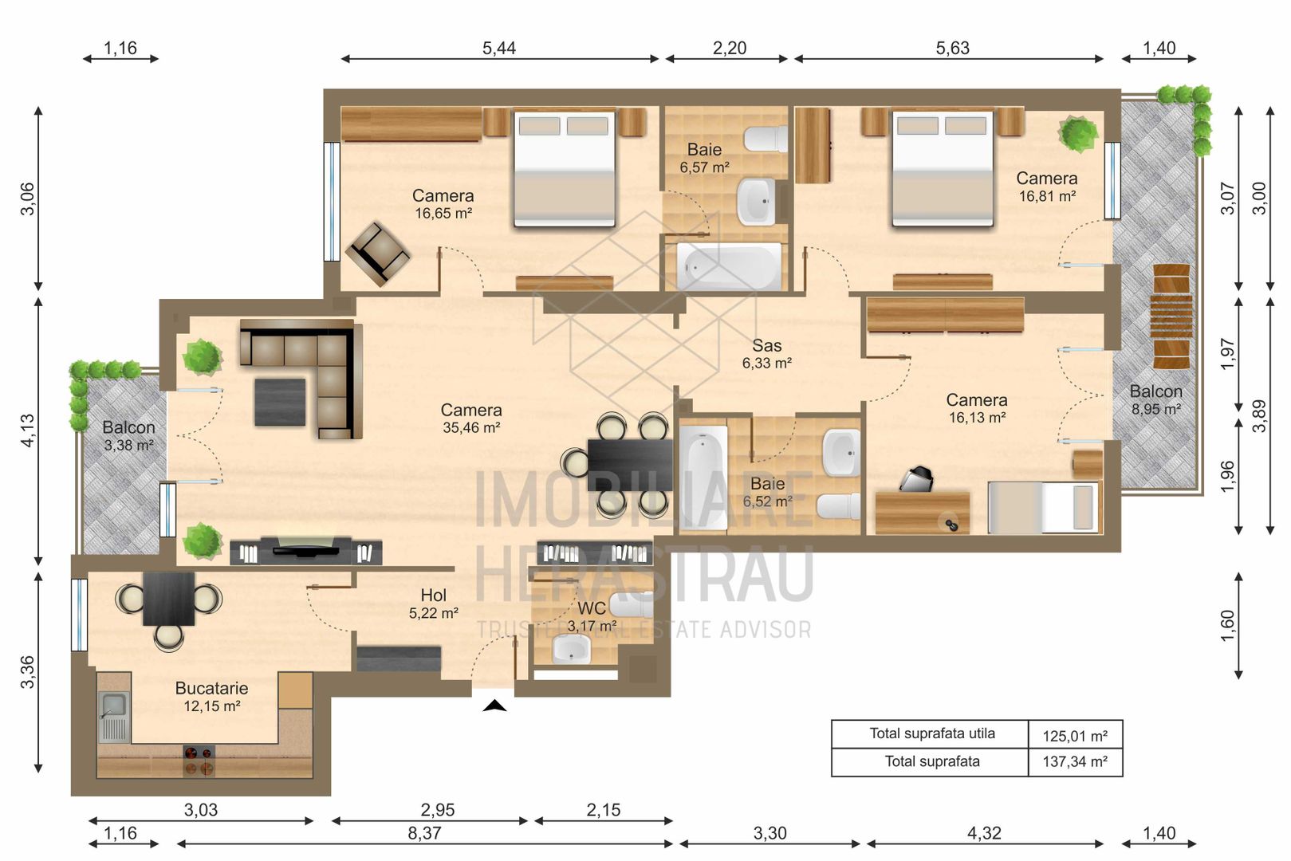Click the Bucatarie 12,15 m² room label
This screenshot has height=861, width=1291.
tap(211, 696)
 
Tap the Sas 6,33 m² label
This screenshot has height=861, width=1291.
tap(766, 354)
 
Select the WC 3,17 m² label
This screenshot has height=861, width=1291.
tap(591, 616)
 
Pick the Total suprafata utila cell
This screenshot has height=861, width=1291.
tap(931, 734)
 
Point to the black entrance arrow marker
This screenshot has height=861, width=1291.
tap(494, 705)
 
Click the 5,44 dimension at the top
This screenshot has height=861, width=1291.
tap(499, 49)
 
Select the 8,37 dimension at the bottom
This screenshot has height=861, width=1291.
tap(424, 834)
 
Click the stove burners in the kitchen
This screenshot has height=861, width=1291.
tap(199, 761)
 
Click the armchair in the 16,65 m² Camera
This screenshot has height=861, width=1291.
tap(377, 254)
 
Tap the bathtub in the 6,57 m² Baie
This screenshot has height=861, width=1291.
tap(729, 267)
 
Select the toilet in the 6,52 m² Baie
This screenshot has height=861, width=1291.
tap(840, 506)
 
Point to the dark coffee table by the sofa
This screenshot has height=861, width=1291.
tap(280, 402)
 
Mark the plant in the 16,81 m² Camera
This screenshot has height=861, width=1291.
tap(1078, 134)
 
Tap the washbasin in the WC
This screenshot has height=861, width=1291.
tap(572, 650)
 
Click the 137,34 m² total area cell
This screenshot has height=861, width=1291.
tap(1074, 762)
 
